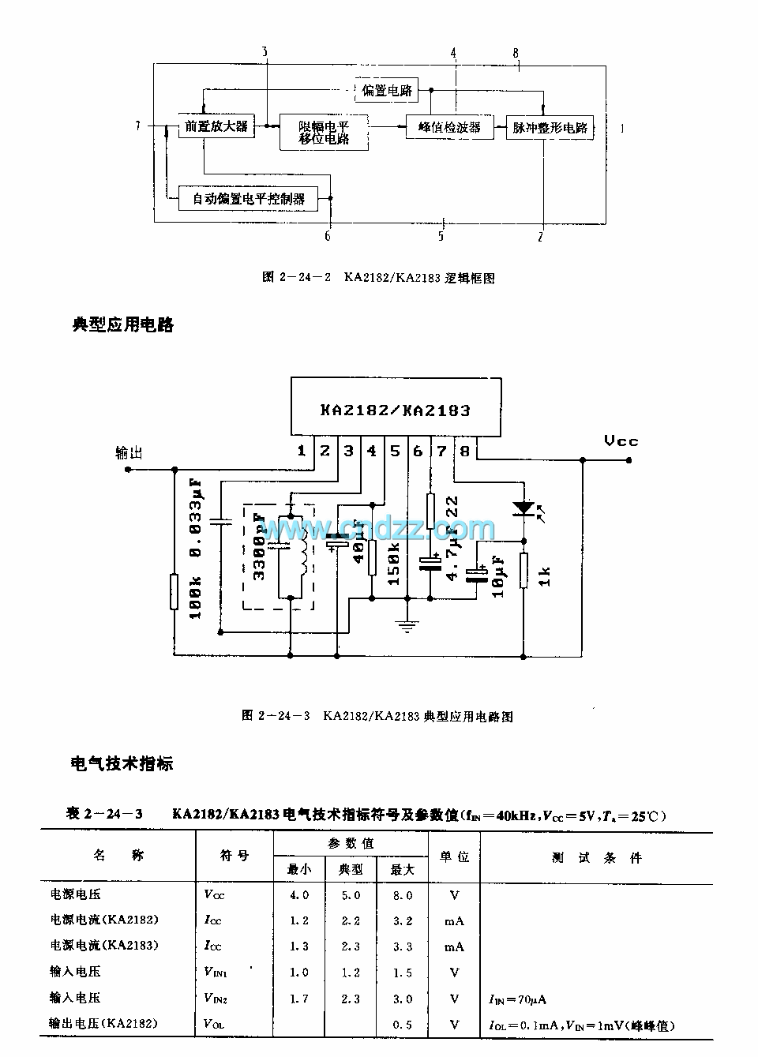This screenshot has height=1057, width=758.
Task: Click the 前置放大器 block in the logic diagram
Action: pyautogui.click(x=216, y=126)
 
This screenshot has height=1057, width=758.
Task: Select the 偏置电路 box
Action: pyautogui.click(x=387, y=90)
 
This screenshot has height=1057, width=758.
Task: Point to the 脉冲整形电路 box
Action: pyautogui.click(x=550, y=128)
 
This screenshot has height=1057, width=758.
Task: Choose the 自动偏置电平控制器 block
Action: pyautogui.click(x=249, y=198)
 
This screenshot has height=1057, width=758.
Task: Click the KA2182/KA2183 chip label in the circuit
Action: pyautogui.click(x=395, y=410)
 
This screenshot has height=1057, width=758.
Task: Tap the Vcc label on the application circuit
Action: pyautogui.click(x=621, y=440)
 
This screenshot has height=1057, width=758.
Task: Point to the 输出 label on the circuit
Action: pyautogui.click(x=129, y=453)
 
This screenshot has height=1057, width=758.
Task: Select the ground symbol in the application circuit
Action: pyautogui.click(x=407, y=627)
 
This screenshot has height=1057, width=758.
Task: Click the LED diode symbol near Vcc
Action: pyautogui.click(x=521, y=508)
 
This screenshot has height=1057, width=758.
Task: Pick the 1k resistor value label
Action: pyautogui.click(x=545, y=575)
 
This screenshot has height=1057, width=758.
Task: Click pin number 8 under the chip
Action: pyautogui.click(x=464, y=451)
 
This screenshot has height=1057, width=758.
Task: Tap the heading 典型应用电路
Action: pyautogui.click(x=122, y=324)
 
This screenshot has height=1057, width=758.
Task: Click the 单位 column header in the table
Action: pyautogui.click(x=454, y=856)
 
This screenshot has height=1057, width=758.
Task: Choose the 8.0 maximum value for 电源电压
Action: pyautogui.click(x=403, y=895)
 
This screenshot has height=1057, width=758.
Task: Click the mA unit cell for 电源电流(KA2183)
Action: pyautogui.click(x=454, y=946)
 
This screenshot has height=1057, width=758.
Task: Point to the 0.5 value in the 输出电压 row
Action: pyautogui.click(x=403, y=1025)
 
